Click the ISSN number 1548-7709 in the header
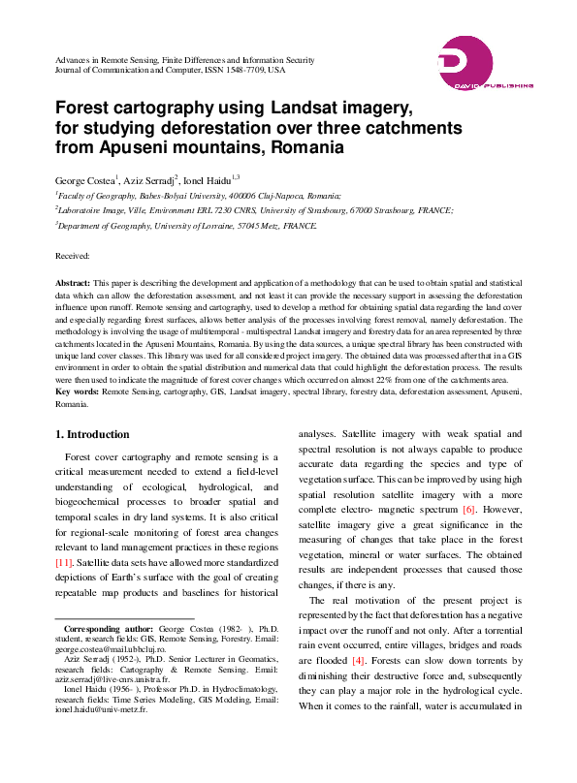242,71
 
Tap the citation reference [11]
64,562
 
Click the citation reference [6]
468,510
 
